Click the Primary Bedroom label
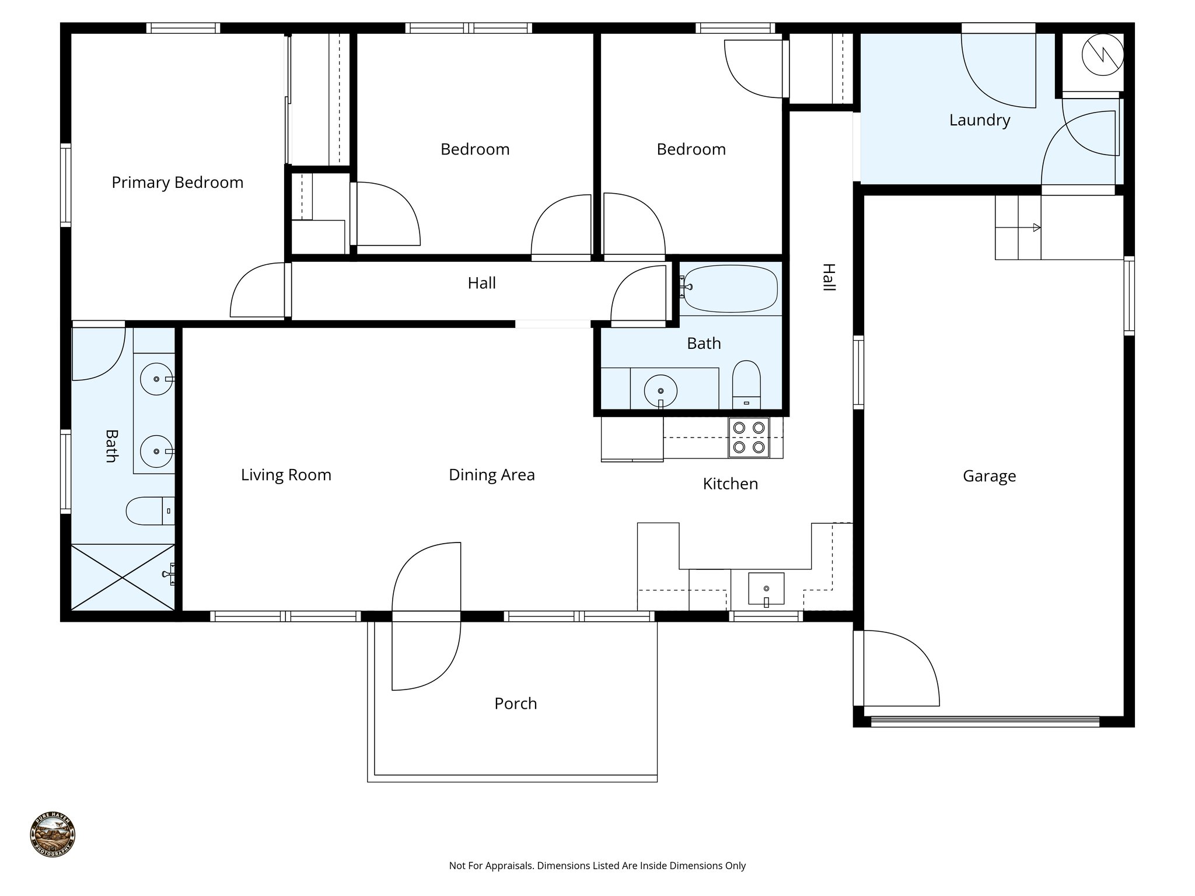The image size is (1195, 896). [x=177, y=183]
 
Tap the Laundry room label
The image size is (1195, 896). [x=979, y=120]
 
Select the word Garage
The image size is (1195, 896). [x=989, y=476]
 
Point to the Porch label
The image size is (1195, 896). [x=515, y=703]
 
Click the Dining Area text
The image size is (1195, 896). [x=491, y=475]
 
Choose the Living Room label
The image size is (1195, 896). [x=286, y=475]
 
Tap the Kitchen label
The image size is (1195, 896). [x=730, y=484]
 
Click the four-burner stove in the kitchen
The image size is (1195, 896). [x=749, y=437]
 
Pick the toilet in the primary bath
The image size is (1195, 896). [x=149, y=511]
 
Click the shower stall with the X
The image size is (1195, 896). [x=123, y=577]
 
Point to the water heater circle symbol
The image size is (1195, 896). [x=1102, y=54]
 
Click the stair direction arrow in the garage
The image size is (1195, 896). [x=1036, y=228]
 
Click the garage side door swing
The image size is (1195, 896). [x=899, y=668]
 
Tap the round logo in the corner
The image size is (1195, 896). [x=53, y=834]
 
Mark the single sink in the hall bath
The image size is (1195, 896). [x=661, y=390]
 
